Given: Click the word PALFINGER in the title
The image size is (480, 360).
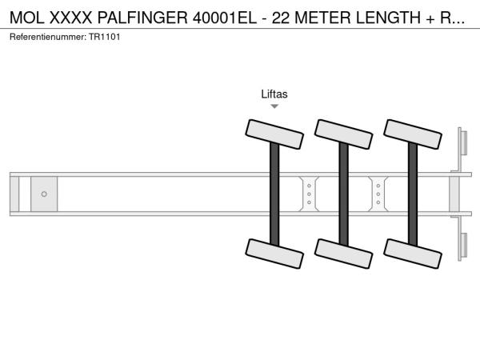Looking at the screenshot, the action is (x=142, y=18).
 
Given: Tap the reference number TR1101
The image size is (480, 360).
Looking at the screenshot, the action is (x=104, y=37).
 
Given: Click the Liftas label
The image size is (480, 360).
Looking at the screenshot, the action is (x=274, y=94).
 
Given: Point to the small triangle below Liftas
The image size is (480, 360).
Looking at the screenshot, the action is (x=274, y=106).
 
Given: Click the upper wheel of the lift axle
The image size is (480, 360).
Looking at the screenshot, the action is (x=274, y=134).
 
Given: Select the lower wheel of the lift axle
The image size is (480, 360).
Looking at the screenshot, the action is (x=274, y=254).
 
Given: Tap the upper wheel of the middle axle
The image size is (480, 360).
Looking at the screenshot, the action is (x=343, y=134).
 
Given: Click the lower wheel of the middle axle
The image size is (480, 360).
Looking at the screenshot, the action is (x=343, y=254).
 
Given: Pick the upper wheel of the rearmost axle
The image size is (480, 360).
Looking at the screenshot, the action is (x=413, y=134).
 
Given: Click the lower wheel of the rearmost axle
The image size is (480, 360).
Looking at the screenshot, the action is (x=413, y=254).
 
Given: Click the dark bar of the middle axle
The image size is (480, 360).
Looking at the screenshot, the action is (x=343, y=194).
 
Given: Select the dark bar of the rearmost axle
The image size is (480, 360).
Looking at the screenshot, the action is (x=413, y=194).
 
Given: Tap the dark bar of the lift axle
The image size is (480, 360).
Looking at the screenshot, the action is (x=274, y=194).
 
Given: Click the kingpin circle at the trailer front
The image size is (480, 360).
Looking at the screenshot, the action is (x=44, y=194).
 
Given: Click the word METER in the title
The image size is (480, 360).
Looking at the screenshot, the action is (x=322, y=18).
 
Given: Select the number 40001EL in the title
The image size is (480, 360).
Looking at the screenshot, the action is (x=224, y=18).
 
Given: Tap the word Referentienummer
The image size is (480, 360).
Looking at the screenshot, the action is (x=48, y=37).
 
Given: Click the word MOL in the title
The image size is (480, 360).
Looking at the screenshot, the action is (x=27, y=18).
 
